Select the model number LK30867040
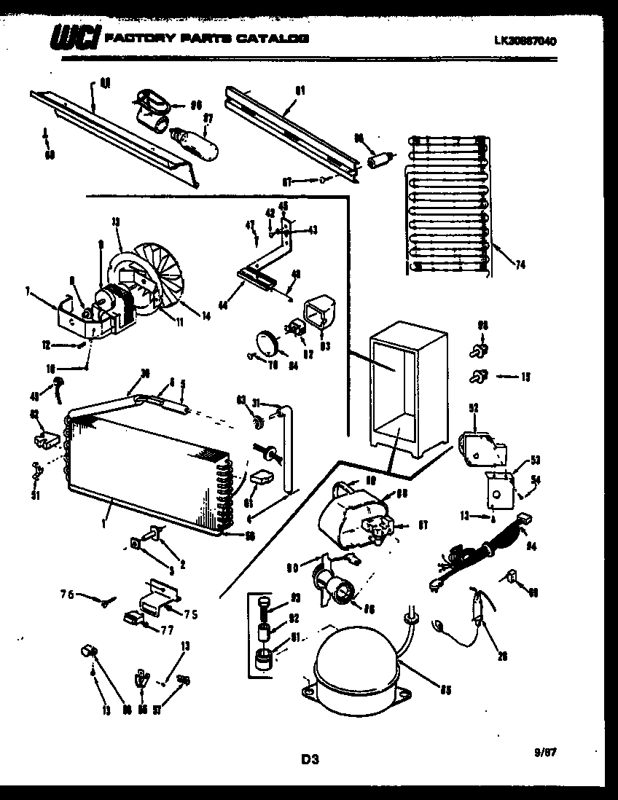coord(525,42)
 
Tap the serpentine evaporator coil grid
coord(446,204)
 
